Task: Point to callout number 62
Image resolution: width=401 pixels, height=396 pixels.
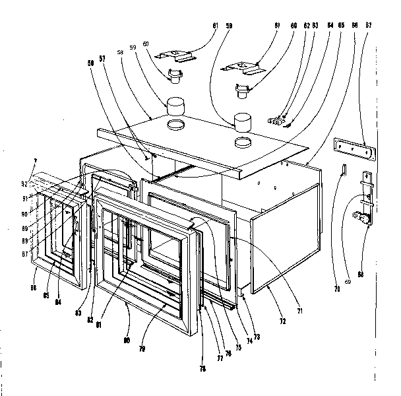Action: (x=307, y=26)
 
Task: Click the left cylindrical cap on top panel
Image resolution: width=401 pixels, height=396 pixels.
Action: (x=176, y=106)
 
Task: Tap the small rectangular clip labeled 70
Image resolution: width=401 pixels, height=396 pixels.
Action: (x=344, y=170)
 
